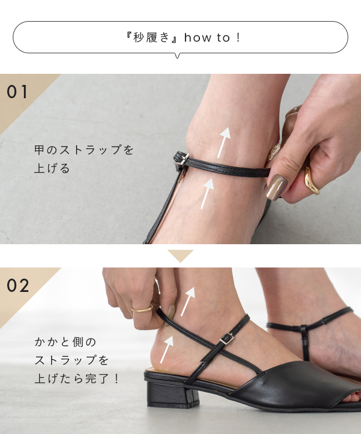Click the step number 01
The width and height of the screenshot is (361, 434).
pyautogui.click(x=17, y=92)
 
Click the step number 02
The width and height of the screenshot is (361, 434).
pyautogui.click(x=18, y=285)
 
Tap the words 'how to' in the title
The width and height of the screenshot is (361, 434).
pyautogui.click(x=207, y=38)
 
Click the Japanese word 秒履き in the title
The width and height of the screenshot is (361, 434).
pyautogui.click(x=151, y=37)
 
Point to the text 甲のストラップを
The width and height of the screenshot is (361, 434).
pyautogui.click(x=84, y=150)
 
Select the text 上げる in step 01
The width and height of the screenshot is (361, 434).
pyautogui.click(x=52, y=168)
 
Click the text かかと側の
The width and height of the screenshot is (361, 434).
pyautogui.click(x=65, y=342)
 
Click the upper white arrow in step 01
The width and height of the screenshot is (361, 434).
pyautogui.click(x=224, y=143)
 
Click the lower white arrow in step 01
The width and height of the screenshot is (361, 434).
pyautogui.click(x=207, y=194)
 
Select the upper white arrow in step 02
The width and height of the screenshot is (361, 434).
pyautogui.click(x=188, y=301)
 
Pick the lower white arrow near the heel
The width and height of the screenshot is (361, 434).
pyautogui.click(x=167, y=350)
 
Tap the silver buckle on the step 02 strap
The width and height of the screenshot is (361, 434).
pyautogui.click(x=227, y=339)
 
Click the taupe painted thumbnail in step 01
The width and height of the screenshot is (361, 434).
pyautogui.click(x=276, y=187)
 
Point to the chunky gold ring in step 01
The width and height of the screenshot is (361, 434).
pyautogui.click(x=312, y=181)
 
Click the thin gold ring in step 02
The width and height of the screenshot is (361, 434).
pyautogui.click(x=142, y=309)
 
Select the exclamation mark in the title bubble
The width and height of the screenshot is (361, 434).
pyautogui.click(x=238, y=38)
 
